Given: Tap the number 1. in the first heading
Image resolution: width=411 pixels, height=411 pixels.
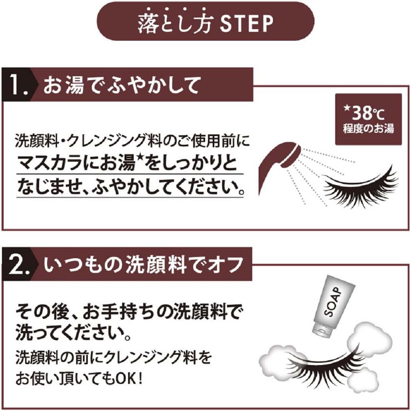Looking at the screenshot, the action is tap(18, 85).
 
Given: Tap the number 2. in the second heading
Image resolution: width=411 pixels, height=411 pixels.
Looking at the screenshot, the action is tap(19, 264).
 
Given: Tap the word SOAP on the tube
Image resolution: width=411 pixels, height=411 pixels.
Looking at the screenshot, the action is tap(333, 301).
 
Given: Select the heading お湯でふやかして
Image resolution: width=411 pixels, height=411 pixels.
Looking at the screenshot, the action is tap(121, 85).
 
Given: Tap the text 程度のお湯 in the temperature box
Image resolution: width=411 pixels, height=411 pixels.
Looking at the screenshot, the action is tap(368, 129).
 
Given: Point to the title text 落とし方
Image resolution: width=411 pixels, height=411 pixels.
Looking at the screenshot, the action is tap(174, 24).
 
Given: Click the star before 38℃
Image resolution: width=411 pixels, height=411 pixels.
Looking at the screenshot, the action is tap(347, 107).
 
